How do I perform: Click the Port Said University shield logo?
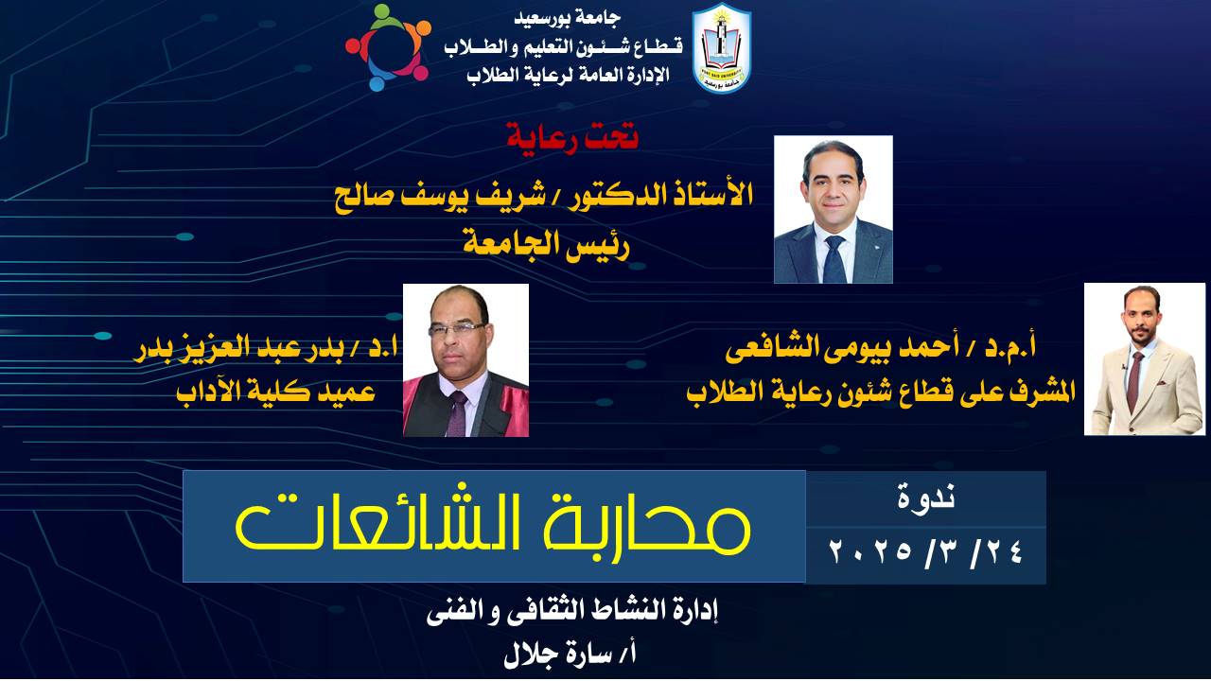[722, 47]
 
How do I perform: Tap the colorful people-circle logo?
[388, 47]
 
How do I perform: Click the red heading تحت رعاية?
[572, 138]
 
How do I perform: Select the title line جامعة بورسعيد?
[568, 18]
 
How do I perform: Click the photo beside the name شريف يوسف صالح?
[834, 209]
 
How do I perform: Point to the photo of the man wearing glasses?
[465, 360]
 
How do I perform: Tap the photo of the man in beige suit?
[1145, 358]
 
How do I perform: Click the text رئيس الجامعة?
[547, 246]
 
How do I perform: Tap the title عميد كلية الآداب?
[276, 391]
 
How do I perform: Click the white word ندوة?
[926, 498]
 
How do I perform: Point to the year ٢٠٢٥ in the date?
[871, 551]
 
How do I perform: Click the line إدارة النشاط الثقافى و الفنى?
[572, 612]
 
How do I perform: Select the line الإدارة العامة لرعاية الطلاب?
[569, 75]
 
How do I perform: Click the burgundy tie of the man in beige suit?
[1133, 381]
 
